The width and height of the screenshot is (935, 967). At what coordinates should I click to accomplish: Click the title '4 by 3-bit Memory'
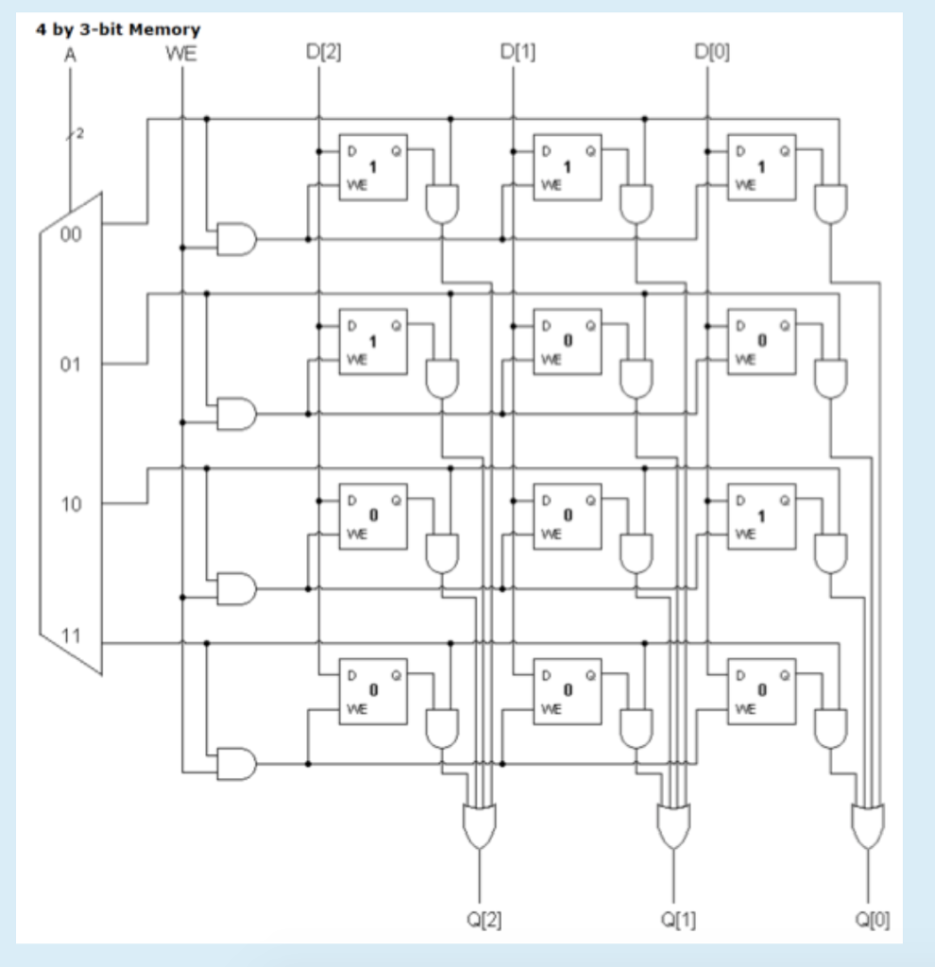pos(117,30)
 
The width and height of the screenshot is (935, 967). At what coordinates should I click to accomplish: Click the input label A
pos(69,54)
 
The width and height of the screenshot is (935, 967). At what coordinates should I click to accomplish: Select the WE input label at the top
pos(181,54)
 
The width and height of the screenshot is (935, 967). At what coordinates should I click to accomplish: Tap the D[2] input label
pos(318,54)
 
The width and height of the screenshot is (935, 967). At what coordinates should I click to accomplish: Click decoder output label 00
pos(71,235)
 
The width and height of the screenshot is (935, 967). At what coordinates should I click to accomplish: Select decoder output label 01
pos(71,364)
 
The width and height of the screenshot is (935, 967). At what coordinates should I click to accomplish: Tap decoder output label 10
pos(71,504)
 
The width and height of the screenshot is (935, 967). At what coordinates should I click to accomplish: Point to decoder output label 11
pos(71,633)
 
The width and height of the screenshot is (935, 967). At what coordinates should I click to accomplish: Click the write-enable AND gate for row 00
pos(236,239)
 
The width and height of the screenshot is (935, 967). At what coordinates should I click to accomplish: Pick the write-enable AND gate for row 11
pos(236,763)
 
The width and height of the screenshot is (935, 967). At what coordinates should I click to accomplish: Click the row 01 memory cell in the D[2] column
pos(373,341)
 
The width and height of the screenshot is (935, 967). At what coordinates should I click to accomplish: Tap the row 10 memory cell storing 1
pos(761,516)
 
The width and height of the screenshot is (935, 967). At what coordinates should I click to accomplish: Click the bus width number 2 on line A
pos(80,134)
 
